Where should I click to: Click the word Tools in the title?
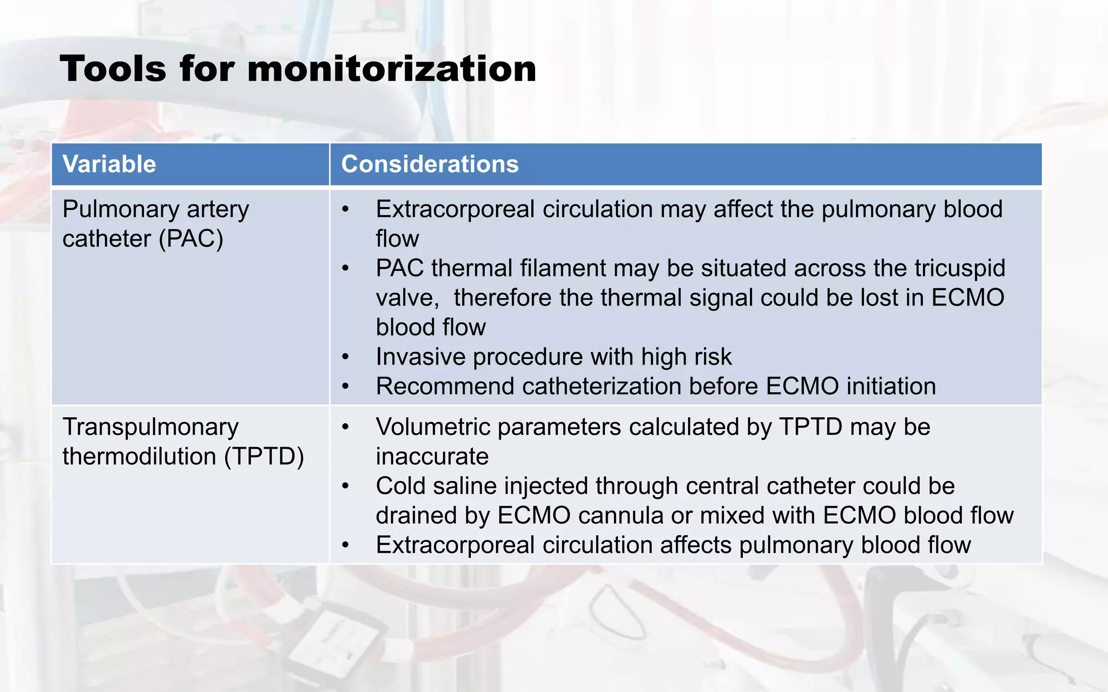click(113, 69)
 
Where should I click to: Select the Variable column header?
click(109, 164)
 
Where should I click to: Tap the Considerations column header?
click(430, 164)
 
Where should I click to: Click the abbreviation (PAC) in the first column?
click(191, 239)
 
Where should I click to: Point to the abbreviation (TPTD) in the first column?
click(264, 457)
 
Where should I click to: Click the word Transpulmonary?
click(150, 427)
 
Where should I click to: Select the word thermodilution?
click(139, 457)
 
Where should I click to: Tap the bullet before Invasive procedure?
click(345, 357)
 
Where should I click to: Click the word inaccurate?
click(432, 457)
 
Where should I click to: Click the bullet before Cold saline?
click(345, 486)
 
